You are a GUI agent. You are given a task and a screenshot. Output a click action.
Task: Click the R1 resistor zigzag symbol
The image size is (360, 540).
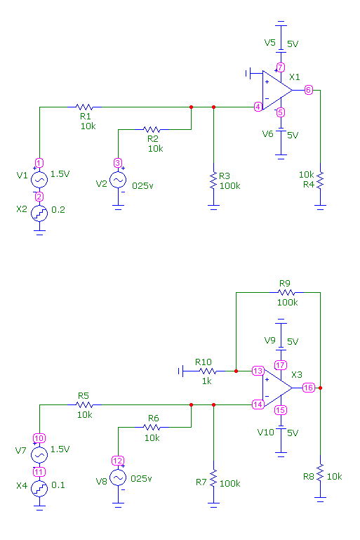84,107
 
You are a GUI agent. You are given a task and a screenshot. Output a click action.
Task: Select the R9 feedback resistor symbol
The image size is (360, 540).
286,292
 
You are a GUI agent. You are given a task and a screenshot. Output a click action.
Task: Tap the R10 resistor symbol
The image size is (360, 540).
208,371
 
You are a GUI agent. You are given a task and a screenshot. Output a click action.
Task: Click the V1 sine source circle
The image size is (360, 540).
39,180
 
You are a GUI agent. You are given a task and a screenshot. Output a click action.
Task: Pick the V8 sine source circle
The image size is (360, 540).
118,478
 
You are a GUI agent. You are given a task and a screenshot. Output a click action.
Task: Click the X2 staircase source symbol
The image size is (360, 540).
39,213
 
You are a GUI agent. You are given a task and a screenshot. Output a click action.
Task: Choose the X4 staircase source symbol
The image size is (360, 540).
39,489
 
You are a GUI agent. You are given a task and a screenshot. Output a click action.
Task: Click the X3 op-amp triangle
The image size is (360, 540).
277,388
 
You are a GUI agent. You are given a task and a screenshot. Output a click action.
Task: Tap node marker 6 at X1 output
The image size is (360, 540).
308,90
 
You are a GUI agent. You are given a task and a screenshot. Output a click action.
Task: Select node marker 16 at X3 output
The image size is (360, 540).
308,388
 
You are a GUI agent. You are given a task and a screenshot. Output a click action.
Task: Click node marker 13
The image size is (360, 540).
258,371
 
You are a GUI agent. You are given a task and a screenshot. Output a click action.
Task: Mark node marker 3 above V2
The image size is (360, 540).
118,163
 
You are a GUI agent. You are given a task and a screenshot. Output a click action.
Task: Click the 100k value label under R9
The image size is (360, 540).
288,303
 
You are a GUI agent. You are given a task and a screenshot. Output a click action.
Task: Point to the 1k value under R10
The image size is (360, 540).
207,381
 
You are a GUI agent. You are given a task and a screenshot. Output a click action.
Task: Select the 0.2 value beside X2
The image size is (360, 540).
58,209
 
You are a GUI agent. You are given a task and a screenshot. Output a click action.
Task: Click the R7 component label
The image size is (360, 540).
201,482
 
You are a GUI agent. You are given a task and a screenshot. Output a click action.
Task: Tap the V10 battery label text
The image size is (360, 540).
266,432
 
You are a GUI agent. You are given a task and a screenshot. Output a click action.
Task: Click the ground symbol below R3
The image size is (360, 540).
213,207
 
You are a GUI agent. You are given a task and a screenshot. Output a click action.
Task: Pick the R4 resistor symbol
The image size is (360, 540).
320,180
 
